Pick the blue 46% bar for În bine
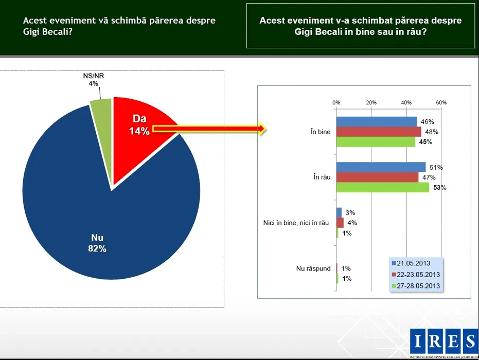coord(376,122)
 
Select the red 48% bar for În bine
coord(378,132)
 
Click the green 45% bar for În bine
coord(376,141)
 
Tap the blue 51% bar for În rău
coord(381,167)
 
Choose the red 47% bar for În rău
coord(377,177)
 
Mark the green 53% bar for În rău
coord(382,187)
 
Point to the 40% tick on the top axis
coord(406,102)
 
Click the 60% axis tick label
coord(441,102)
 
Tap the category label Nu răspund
coord(313,268)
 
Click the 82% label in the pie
coord(98,248)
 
